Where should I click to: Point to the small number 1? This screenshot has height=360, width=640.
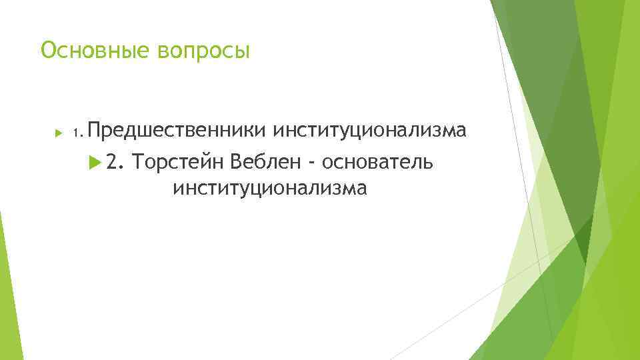(77, 135)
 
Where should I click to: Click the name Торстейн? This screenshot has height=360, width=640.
(178, 161)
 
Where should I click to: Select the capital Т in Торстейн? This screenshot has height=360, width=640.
(139, 161)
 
